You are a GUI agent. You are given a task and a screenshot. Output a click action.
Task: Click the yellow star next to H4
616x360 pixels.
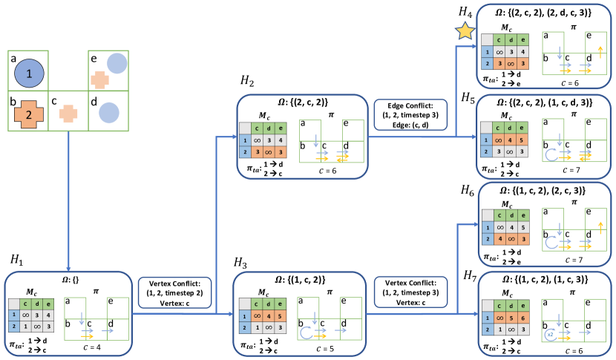(465, 30)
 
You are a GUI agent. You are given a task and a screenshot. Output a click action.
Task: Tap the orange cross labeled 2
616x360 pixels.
(28, 113)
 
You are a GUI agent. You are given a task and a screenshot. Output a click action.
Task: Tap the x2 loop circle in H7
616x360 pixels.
(550, 335)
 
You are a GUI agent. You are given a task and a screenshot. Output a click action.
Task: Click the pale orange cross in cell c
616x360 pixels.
(67, 113)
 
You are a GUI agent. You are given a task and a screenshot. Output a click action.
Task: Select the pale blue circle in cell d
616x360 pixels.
(108, 113)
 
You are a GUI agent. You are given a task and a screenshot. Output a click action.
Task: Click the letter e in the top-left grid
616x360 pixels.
(94, 56)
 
